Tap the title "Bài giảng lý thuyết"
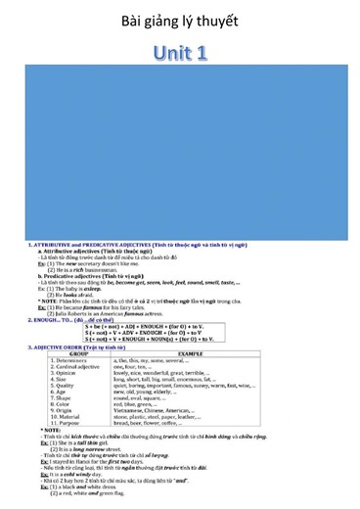(179, 21)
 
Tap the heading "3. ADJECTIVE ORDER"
(59, 347)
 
